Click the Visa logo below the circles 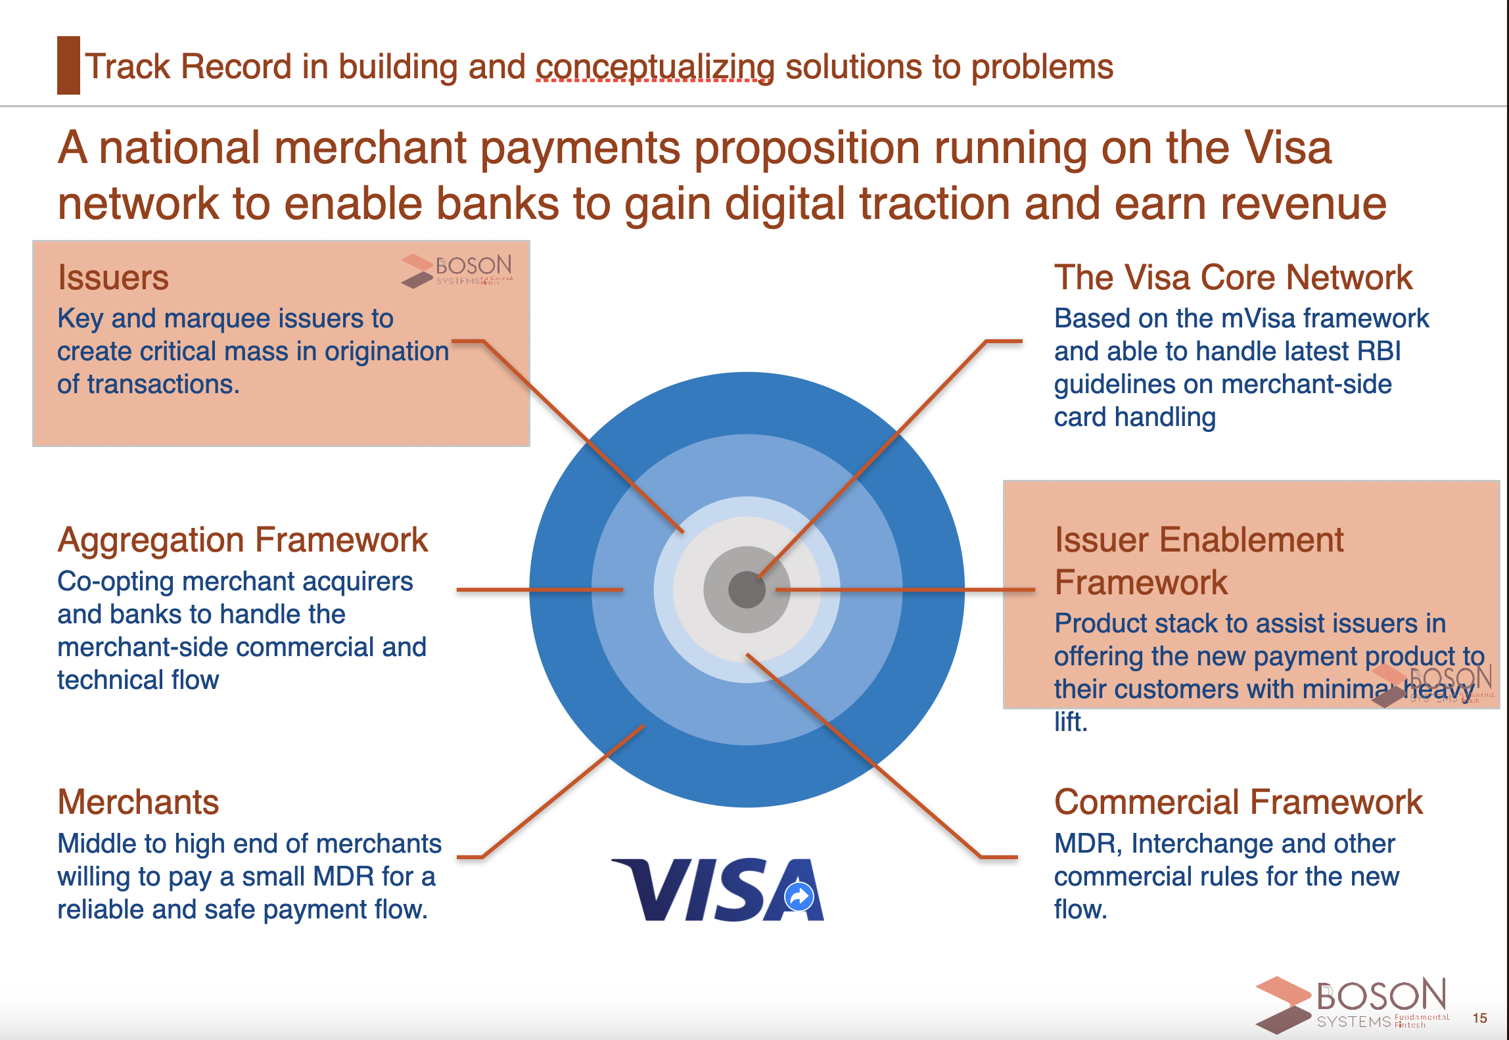pos(718,889)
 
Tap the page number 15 pos(1479,1018)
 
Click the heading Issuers pos(113,277)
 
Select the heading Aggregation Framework pos(243,540)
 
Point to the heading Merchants pos(138,802)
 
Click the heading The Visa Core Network pos(1233,277)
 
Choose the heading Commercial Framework pos(1238,802)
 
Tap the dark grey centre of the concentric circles pos(747,590)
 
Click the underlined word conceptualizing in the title pos(655,67)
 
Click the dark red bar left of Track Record pos(68,65)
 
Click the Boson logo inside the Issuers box pos(457,271)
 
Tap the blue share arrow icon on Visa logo pos(799,896)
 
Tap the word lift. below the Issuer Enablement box pos(1071,722)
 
